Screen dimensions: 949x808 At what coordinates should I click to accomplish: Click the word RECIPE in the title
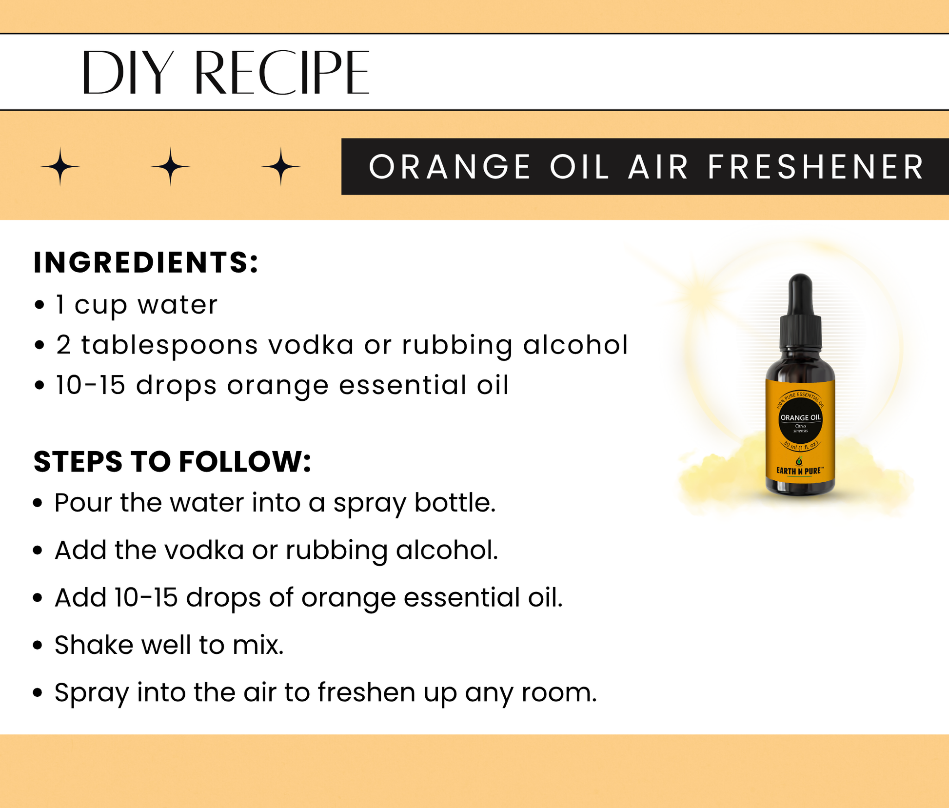(282, 73)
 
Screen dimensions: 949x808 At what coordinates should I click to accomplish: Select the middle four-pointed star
(170, 167)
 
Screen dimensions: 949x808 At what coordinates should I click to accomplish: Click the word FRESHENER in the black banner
(815, 167)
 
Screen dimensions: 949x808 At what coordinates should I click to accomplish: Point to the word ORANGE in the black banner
(449, 167)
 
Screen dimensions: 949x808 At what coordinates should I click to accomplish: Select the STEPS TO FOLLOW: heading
(172, 461)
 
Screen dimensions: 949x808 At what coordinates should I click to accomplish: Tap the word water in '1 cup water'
(178, 305)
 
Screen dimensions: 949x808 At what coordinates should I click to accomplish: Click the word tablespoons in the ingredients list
(169, 346)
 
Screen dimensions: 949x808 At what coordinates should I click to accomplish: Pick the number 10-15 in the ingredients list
(91, 385)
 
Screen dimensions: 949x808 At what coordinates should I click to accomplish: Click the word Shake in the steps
(93, 645)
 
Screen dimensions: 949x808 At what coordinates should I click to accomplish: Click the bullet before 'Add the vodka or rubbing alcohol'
(38, 551)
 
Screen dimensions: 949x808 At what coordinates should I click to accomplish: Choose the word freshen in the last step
(366, 692)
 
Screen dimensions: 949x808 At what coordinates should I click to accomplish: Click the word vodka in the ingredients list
(311, 345)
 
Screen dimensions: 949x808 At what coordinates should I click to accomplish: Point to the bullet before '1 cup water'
(40, 305)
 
